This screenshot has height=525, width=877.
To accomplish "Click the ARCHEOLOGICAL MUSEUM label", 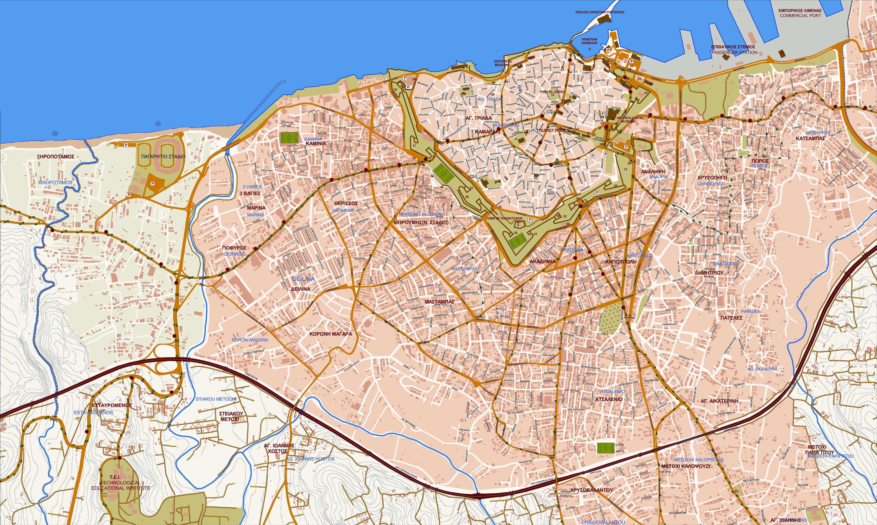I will (x=626, y=119).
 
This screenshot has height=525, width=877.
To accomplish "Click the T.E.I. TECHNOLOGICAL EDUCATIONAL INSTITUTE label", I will (x=121, y=483).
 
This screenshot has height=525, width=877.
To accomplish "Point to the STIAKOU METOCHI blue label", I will (x=216, y=399).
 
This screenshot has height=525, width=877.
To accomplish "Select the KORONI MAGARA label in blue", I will (x=250, y=340).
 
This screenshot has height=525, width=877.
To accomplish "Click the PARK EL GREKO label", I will (x=553, y=92).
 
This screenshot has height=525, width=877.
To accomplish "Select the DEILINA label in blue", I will (x=303, y=279).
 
